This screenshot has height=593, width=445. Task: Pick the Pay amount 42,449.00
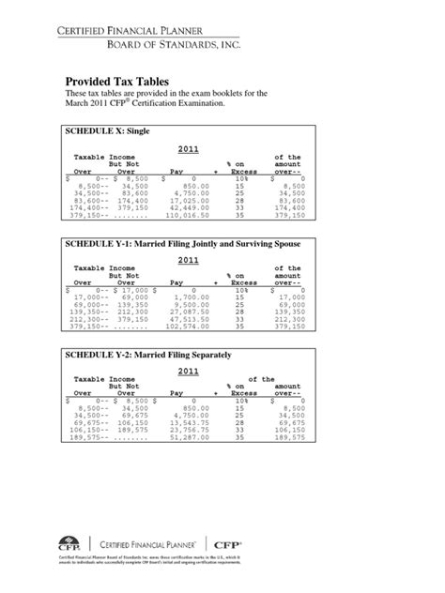click(188, 206)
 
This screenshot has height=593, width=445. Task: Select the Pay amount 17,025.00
click(188, 200)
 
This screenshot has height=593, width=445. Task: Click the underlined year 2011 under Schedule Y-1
click(189, 260)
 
